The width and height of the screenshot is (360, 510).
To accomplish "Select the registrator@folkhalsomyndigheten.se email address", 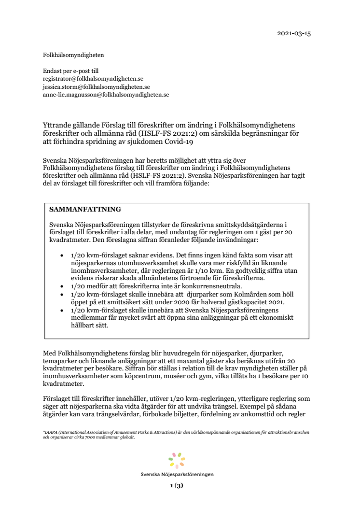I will click(x=93, y=79).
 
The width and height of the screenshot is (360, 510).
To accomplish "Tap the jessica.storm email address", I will click(x=97, y=87).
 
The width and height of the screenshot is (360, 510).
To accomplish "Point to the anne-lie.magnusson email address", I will click(x=106, y=95).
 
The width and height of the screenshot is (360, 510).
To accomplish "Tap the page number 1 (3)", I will click(x=177, y=486).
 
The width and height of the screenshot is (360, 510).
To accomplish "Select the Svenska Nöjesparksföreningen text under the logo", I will click(x=177, y=474).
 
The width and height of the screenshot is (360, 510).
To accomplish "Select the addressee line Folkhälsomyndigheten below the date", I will click(x=73, y=55).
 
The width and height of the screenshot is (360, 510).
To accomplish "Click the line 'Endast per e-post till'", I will click(x=70, y=71).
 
